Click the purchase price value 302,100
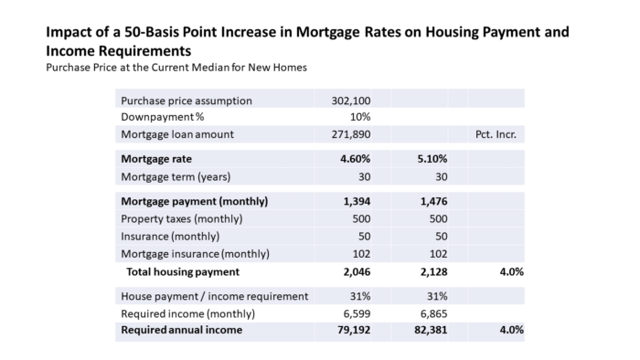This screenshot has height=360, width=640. click(x=351, y=101)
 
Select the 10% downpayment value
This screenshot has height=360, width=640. click(x=360, y=117)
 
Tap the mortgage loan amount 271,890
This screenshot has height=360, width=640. click(x=351, y=134)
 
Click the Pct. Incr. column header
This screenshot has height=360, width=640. click(x=496, y=134)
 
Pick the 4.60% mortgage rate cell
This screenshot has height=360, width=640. click(x=356, y=159)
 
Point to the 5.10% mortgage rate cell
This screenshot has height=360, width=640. click(x=432, y=159)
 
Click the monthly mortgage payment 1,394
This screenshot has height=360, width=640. click(x=357, y=201)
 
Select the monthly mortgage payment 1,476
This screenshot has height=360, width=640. click(x=434, y=201)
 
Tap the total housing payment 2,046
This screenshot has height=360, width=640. click(x=357, y=272)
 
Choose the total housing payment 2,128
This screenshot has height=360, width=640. click(x=434, y=272)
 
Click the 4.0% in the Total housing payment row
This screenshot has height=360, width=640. click(x=512, y=272)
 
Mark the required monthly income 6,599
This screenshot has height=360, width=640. click(x=357, y=314)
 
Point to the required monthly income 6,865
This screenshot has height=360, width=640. click(x=434, y=314)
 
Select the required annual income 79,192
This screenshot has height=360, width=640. click(x=355, y=330)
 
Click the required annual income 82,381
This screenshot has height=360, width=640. click(x=431, y=330)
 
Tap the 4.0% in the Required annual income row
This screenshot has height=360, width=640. click(x=512, y=330)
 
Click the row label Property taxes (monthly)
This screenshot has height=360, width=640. click(x=182, y=219)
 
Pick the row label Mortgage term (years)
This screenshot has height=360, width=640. click(x=176, y=177)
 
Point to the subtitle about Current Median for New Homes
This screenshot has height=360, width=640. click(x=176, y=68)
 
